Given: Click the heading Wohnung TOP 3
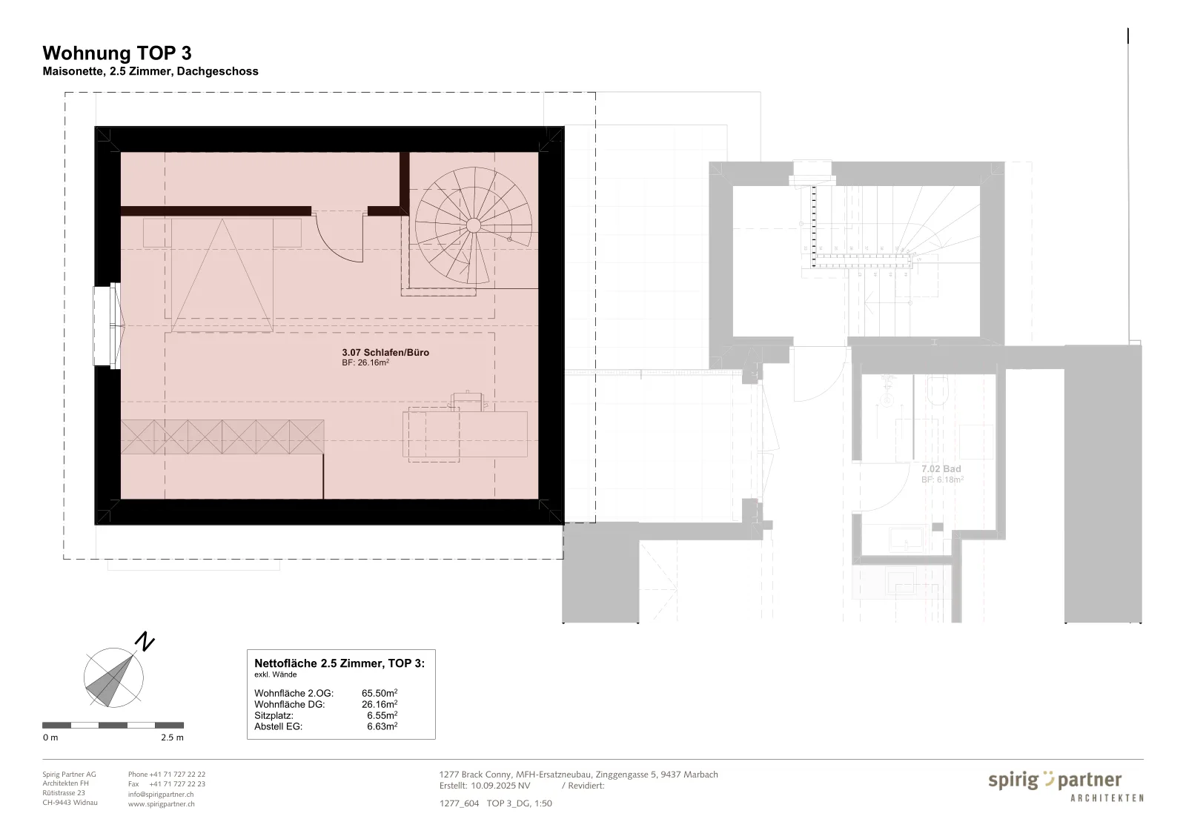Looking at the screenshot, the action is (117, 53).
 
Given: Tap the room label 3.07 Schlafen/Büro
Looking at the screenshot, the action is (385, 353).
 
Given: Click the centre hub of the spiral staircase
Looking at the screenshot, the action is (474, 225).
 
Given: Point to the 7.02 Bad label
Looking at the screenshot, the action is (941, 469).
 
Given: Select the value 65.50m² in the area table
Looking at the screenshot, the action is (380, 693).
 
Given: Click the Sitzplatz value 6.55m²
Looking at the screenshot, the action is (382, 715).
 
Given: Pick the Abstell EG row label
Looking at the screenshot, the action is (279, 726).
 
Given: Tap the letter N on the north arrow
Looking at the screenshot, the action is (144, 642).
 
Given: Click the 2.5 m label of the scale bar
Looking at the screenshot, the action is (172, 737).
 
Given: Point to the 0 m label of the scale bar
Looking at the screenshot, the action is (50, 737).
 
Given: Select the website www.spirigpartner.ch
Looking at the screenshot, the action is (162, 803).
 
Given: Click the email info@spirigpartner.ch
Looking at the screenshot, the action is (161, 794).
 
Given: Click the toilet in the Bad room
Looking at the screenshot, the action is (938, 391).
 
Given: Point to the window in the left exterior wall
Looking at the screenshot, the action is (107, 325).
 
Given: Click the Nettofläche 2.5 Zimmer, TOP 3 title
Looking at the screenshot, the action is (339, 663).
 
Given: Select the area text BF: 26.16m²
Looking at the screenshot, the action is (365, 362).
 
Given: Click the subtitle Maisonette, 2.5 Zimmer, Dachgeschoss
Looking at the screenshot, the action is (150, 71).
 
